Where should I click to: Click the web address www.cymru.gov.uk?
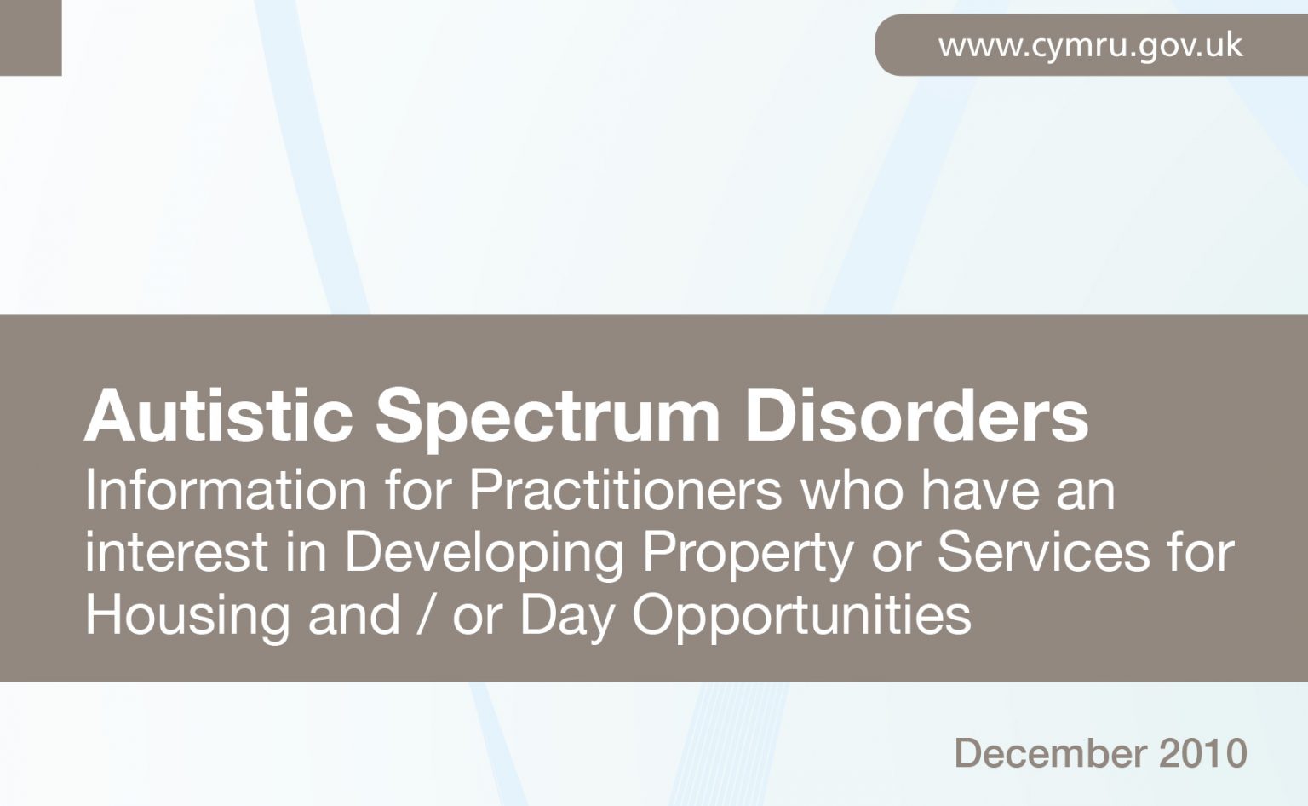(x=1090, y=45)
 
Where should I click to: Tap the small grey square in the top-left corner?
(x=31, y=37)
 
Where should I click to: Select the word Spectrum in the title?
(x=548, y=419)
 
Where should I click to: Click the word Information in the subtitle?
(x=226, y=491)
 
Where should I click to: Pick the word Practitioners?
(x=625, y=491)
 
